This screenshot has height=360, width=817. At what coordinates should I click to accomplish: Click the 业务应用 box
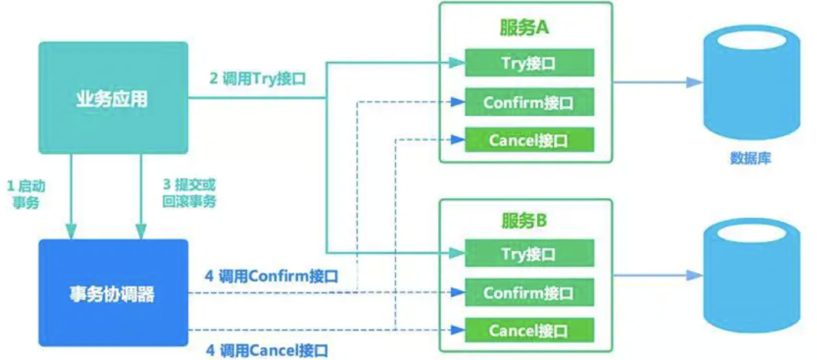[x=113, y=98]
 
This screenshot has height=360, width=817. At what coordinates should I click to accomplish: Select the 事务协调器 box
[x=113, y=293]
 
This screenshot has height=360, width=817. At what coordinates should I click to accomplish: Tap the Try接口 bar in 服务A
[x=529, y=63]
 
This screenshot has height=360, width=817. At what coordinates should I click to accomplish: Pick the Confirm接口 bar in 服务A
[x=529, y=102]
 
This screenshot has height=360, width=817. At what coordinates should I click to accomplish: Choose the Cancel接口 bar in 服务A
[x=529, y=141]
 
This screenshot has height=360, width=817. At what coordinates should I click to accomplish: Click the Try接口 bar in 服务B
[x=529, y=253]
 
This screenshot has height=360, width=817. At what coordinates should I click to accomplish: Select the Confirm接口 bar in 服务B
[x=529, y=292]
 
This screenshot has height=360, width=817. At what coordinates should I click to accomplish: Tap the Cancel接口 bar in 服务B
[x=529, y=330]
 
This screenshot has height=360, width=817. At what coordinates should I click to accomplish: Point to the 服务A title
[x=525, y=29]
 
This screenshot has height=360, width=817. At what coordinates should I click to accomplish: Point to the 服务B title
[x=525, y=220]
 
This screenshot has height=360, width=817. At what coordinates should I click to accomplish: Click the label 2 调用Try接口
[x=257, y=79]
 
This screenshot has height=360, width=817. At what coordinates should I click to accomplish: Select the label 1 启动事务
[x=25, y=194]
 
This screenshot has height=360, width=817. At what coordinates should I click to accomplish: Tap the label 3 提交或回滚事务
[x=188, y=194]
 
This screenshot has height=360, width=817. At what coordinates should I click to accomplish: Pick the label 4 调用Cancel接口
[x=266, y=350]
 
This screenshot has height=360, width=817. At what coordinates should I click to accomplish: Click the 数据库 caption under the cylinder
[x=750, y=158]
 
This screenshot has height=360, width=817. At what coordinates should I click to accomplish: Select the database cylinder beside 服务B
[x=751, y=276]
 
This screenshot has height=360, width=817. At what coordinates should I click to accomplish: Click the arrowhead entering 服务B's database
[x=694, y=275]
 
